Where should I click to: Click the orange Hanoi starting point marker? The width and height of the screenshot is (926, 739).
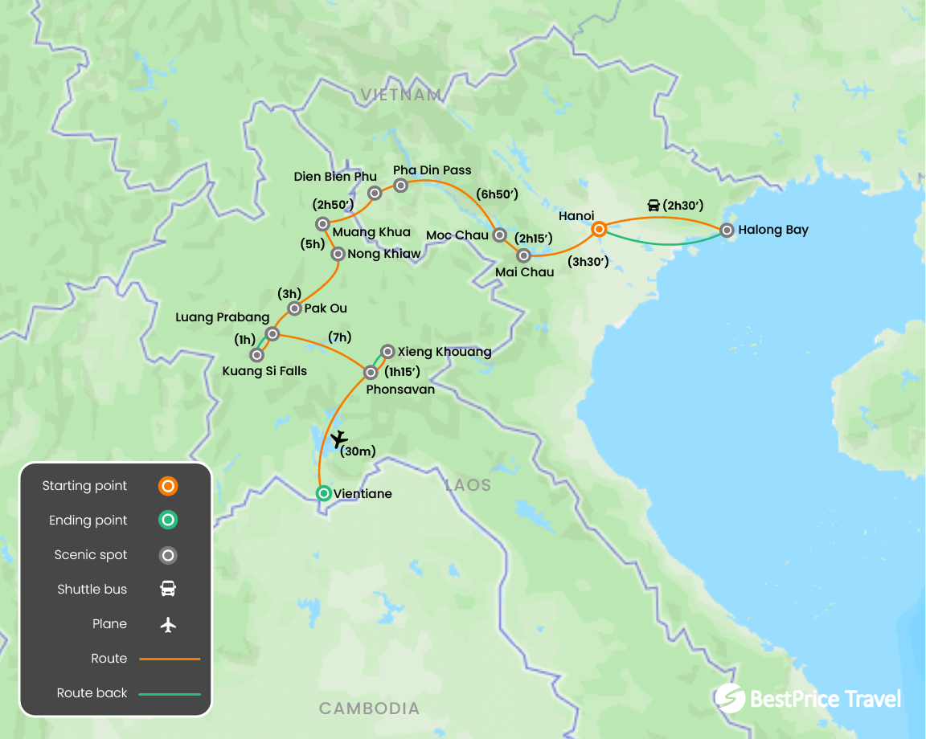click(599, 230)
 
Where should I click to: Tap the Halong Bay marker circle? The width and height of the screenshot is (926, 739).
click(727, 231)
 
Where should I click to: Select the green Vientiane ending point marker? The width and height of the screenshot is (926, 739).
click(323, 493)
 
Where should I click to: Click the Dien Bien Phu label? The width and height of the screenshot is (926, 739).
click(334, 177)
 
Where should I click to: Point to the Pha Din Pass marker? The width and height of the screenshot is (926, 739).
click(400, 186)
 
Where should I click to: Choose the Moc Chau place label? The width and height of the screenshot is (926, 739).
click(457, 235)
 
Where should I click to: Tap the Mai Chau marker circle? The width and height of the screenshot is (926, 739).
click(524, 255)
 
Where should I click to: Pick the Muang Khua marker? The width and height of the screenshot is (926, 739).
click(322, 224)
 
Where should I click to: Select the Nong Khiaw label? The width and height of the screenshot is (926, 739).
click(384, 254)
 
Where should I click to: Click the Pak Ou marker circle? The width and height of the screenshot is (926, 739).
click(294, 308)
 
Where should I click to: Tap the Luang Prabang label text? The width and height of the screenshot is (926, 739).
click(222, 317)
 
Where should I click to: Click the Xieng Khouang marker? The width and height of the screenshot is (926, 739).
click(387, 351)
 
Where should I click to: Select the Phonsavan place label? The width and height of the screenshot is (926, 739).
click(400, 390)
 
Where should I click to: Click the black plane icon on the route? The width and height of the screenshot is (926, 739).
click(339, 439)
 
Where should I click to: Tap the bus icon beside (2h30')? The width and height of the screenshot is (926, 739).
click(654, 206)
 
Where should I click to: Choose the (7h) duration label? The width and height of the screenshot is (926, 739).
click(339, 337)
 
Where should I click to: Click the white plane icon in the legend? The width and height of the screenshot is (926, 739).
click(168, 624)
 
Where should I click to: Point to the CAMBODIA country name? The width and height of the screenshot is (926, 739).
click(369, 708)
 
